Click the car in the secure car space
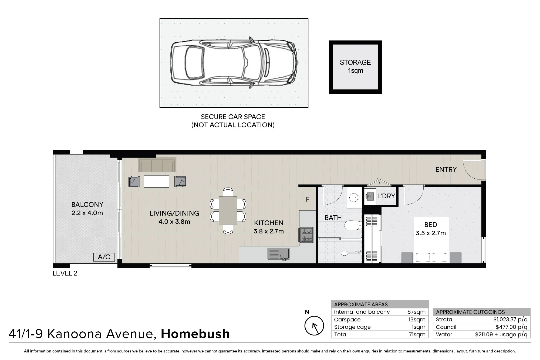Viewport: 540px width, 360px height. coord(234,63)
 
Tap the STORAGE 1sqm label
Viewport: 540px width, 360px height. coord(355,67)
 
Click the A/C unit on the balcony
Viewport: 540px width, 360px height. coord(104,257)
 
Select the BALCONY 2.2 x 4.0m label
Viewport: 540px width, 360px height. coord(87,209)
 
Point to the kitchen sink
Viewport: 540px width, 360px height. coord(278,254)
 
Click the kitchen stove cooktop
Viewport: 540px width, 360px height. coord(306,235)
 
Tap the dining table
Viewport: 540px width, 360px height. coord(228,211)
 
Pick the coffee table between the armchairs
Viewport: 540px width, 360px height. coord(156,181)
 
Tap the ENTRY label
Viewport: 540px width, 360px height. coord(446,169)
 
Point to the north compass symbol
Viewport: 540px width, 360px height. coord(314,326)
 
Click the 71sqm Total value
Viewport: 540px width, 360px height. coord(417,335)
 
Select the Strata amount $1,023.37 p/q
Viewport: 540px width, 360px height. coord(510,320)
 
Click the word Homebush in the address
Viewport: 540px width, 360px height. coord(195,334)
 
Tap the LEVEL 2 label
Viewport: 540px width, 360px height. coord(65,273)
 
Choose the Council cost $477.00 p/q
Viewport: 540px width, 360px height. coord(511,327)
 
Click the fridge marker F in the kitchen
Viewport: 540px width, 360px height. coord(308,199)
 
